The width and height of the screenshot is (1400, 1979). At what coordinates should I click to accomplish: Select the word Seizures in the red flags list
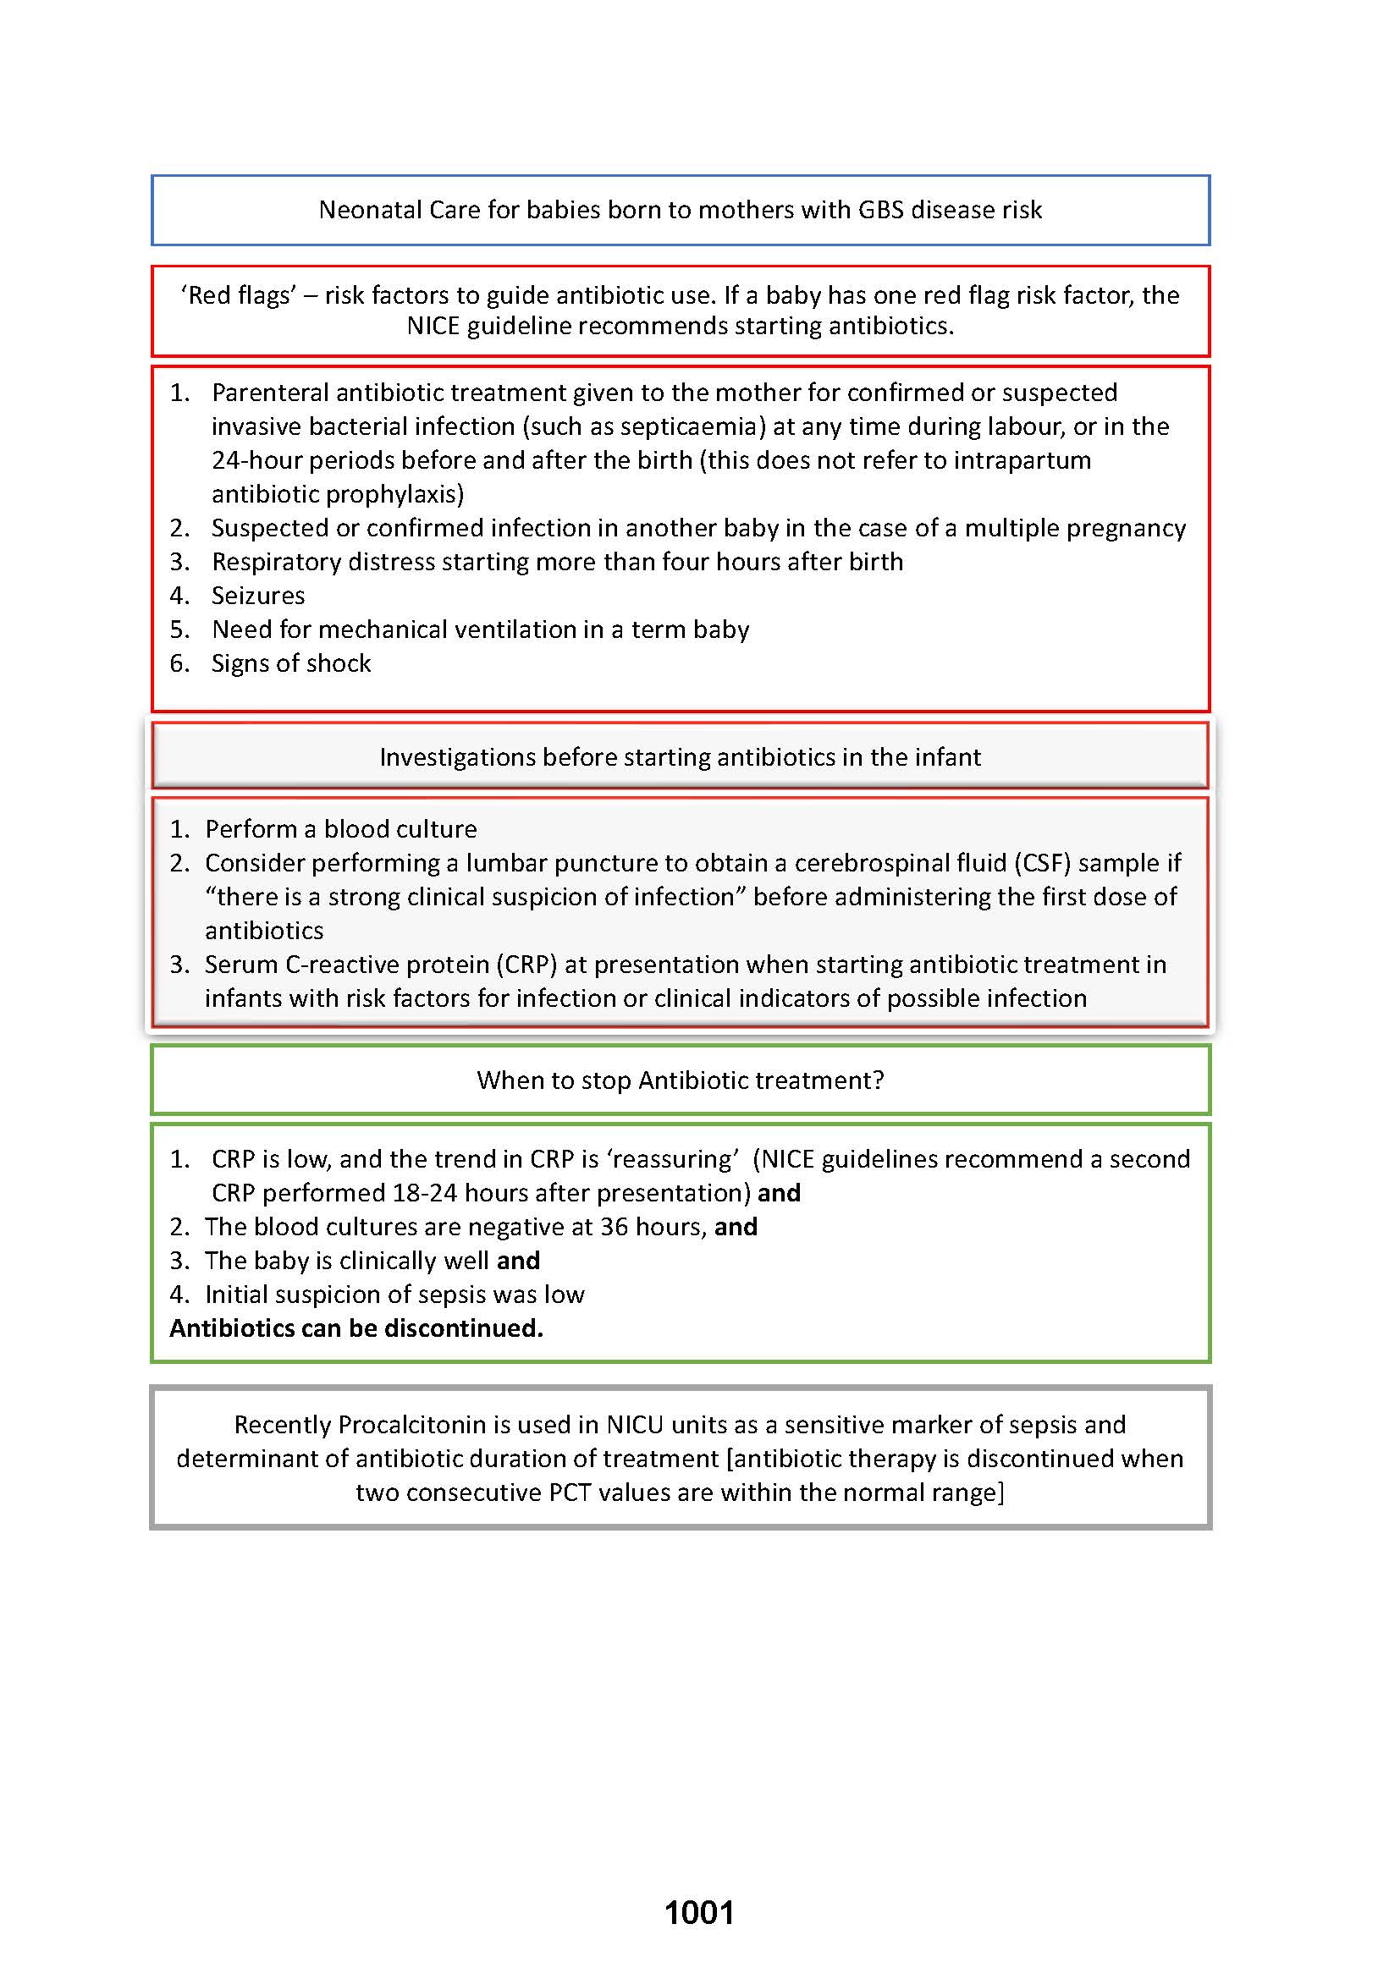point(258,596)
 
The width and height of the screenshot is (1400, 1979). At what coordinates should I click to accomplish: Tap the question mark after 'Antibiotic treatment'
point(878,1080)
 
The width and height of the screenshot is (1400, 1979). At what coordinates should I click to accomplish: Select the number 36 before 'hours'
point(614,1227)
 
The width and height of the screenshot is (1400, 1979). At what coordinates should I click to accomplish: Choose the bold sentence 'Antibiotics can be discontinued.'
point(356,1328)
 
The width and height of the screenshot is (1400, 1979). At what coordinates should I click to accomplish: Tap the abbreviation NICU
point(635,1425)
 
